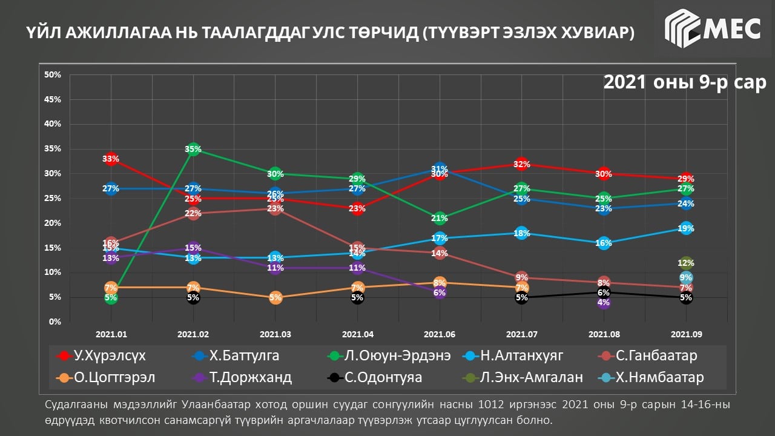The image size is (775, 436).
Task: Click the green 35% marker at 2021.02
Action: pyautogui.click(x=193, y=149)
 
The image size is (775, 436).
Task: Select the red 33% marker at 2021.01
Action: pyautogui.click(x=110, y=159)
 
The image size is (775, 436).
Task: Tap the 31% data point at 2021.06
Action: pyautogui.click(x=440, y=170)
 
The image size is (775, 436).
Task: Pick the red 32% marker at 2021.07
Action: pyautogui.click(x=522, y=164)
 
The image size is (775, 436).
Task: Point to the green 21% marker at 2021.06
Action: pyautogui.click(x=440, y=218)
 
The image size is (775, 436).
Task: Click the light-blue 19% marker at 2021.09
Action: pyautogui.click(x=686, y=228)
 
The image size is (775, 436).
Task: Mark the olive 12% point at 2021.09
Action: pyautogui.click(x=686, y=263)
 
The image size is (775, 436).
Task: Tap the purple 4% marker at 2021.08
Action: pyautogui.click(x=604, y=302)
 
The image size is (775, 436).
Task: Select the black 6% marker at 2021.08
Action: pyautogui.click(x=604, y=292)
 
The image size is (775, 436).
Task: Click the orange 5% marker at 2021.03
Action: pyautogui.click(x=275, y=297)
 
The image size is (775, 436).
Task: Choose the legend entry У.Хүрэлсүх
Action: pyautogui.click(x=101, y=355)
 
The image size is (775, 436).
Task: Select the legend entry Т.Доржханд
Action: pyautogui.click(x=242, y=377)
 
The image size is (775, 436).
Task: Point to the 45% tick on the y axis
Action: pyautogui.click(x=53, y=99)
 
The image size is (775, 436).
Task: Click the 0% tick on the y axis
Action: pyautogui.click(x=54, y=322)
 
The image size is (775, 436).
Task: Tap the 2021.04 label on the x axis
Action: pyautogui.click(x=357, y=334)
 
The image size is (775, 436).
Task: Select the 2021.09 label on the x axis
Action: pyautogui.click(x=686, y=334)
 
